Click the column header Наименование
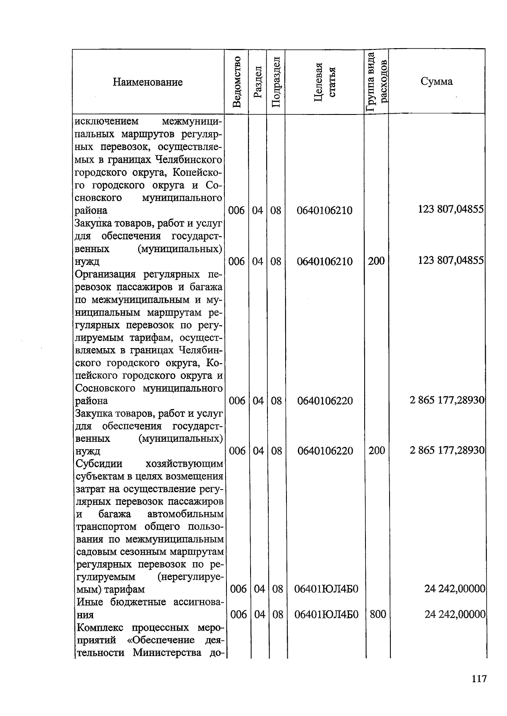pyautogui.click(x=147, y=82)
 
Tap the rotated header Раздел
pyautogui.click(x=258, y=82)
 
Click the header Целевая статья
pyautogui.click(x=324, y=82)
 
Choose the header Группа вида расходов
pyautogui.click(x=376, y=82)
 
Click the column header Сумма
pyautogui.click(x=436, y=82)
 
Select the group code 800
pyautogui.click(x=377, y=614)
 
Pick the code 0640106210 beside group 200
pyautogui.click(x=324, y=261)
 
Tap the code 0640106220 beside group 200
pyautogui.click(x=325, y=451)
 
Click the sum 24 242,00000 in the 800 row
pyautogui.click(x=455, y=614)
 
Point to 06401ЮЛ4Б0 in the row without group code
pyautogui.click(x=326, y=589)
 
